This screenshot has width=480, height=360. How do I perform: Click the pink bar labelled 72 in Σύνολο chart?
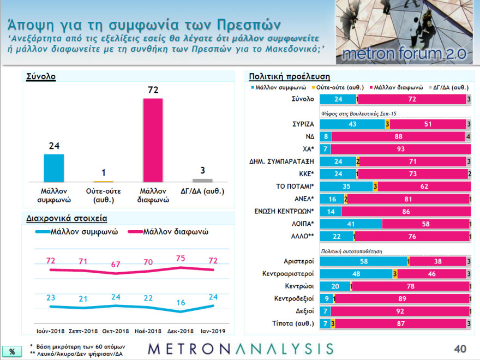(153, 140)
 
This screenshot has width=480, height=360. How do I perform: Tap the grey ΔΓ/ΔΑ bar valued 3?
(202, 179)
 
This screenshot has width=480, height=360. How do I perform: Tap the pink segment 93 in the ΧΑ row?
(400, 149)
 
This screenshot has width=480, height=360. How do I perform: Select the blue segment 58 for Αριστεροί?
(363, 261)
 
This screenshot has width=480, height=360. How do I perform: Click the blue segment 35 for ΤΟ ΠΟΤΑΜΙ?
(346, 187)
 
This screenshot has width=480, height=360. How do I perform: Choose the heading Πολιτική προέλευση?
(289, 76)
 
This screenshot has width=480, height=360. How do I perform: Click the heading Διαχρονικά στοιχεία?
(67, 218)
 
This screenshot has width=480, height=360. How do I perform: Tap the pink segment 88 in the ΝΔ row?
(398, 136)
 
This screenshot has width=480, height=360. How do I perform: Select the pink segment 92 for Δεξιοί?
(399, 311)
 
